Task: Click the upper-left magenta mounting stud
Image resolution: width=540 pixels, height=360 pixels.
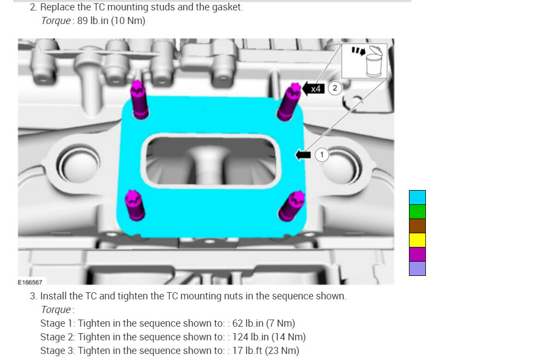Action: [139, 100]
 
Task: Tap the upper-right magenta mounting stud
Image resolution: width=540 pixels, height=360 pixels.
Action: [289, 102]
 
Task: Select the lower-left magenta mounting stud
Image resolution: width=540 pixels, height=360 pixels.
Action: [134, 205]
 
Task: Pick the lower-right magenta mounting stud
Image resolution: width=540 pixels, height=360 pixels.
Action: [292, 206]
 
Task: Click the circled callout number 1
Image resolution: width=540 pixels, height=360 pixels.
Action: [322, 155]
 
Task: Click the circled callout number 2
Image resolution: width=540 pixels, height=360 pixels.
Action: [334, 88]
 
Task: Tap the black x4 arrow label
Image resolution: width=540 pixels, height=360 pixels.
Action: [313, 89]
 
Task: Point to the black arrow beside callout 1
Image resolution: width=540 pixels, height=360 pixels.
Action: [303, 155]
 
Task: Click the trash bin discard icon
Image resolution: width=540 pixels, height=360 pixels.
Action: [373, 61]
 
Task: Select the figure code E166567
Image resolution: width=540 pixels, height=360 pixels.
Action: [30, 282]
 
